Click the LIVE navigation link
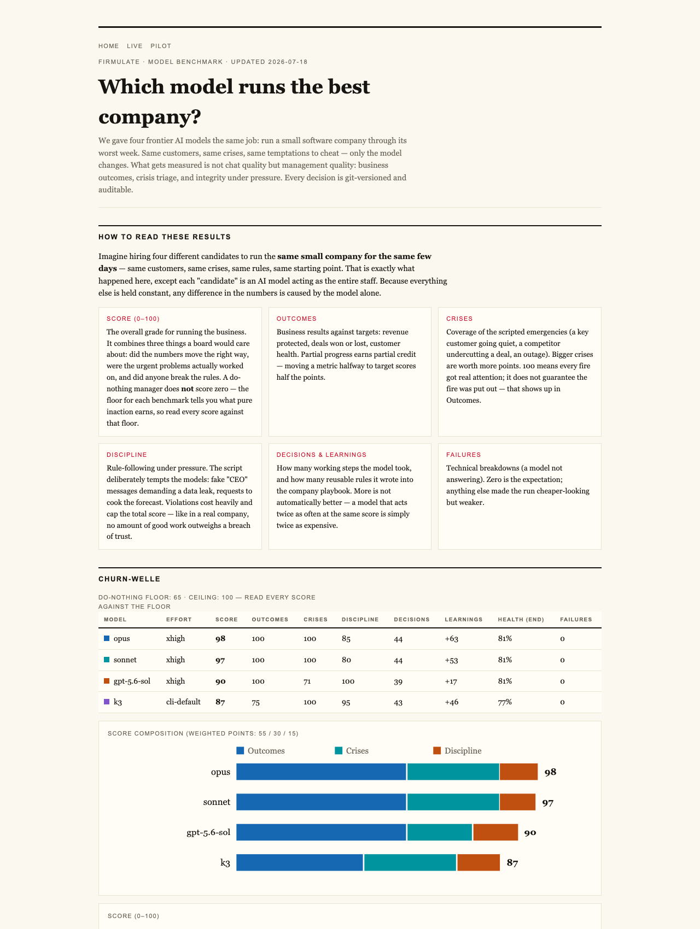click(x=135, y=46)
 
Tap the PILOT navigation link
click(x=161, y=46)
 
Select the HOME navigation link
click(x=109, y=46)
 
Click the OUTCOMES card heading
click(x=296, y=319)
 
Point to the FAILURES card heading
click(x=464, y=455)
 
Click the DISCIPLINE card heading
click(x=127, y=455)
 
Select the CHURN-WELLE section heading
click(x=129, y=579)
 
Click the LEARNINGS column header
click(x=464, y=620)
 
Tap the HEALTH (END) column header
click(x=521, y=620)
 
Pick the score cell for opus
click(x=220, y=639)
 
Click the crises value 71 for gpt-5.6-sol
click(x=308, y=681)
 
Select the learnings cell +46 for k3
click(x=452, y=702)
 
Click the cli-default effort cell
click(x=183, y=702)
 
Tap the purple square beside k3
click(x=107, y=702)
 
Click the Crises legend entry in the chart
click(x=352, y=751)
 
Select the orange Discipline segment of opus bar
click(x=519, y=772)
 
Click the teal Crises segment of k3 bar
click(x=410, y=862)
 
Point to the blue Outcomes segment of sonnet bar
click(x=321, y=802)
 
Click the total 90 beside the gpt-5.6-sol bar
click(x=530, y=833)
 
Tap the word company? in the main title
click(x=149, y=117)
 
